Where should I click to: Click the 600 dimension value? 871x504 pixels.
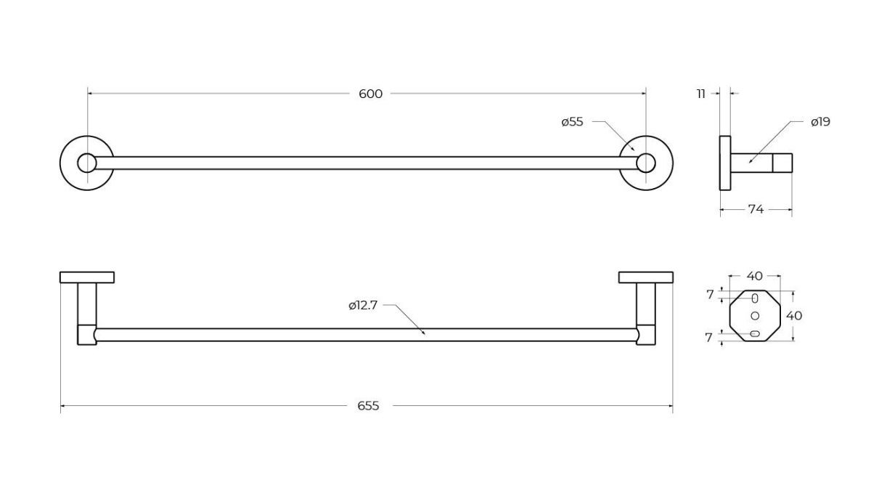(x=370, y=94)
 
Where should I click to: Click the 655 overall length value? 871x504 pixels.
(x=368, y=406)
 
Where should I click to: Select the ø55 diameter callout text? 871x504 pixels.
(x=573, y=122)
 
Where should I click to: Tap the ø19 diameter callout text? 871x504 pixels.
(x=820, y=122)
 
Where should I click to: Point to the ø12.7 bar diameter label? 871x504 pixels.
(x=363, y=305)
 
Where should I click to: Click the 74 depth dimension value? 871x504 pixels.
(x=756, y=209)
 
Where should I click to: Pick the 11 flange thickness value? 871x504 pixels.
(x=701, y=94)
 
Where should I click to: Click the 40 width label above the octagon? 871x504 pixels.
(x=754, y=276)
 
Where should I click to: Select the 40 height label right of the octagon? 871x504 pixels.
(x=794, y=316)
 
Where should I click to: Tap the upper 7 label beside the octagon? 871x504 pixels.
(x=710, y=295)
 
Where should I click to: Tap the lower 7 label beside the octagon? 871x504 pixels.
(x=709, y=338)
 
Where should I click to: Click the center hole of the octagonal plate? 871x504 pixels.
(x=755, y=316)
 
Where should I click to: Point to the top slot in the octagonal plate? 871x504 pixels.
(x=755, y=298)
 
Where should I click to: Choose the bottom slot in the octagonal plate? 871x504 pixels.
(x=755, y=333)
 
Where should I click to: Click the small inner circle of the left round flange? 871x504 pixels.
(x=86, y=163)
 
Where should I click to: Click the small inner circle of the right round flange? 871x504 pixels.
(x=646, y=163)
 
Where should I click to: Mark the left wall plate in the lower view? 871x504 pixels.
(x=87, y=277)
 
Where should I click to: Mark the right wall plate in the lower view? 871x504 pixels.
(x=646, y=277)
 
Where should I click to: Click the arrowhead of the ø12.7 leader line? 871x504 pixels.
(x=424, y=333)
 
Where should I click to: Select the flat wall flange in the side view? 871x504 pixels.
(x=725, y=163)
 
